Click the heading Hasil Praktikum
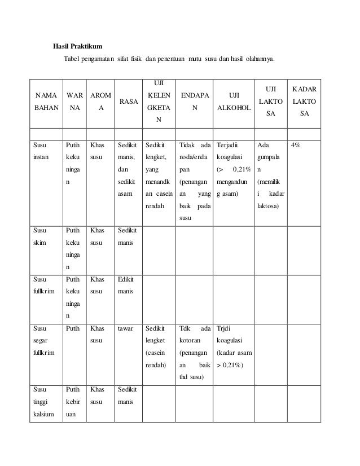coord(77,46)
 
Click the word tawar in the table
coord(125,328)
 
